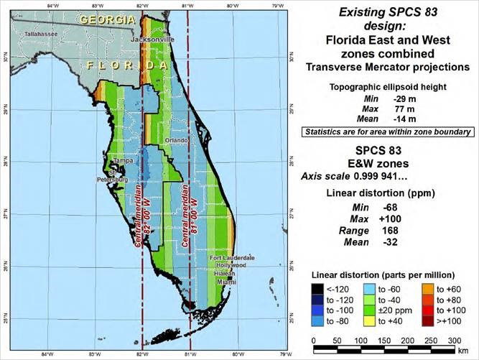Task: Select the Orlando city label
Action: (176, 140)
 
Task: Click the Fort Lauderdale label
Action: (231, 257)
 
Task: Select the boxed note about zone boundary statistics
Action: (387, 131)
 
